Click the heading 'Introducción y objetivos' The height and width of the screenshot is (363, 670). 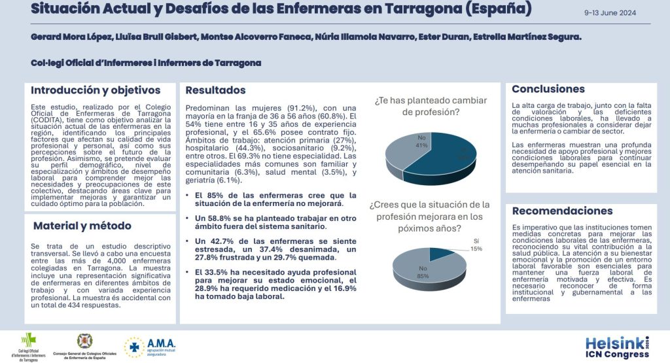[x=96, y=90]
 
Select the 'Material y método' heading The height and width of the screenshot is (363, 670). [x=82, y=226]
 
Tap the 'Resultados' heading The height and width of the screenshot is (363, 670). [x=216, y=90]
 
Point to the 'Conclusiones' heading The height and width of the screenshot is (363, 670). [x=548, y=89]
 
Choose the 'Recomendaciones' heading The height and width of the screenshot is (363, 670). [x=562, y=211]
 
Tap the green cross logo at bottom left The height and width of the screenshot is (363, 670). [x=29, y=340]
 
